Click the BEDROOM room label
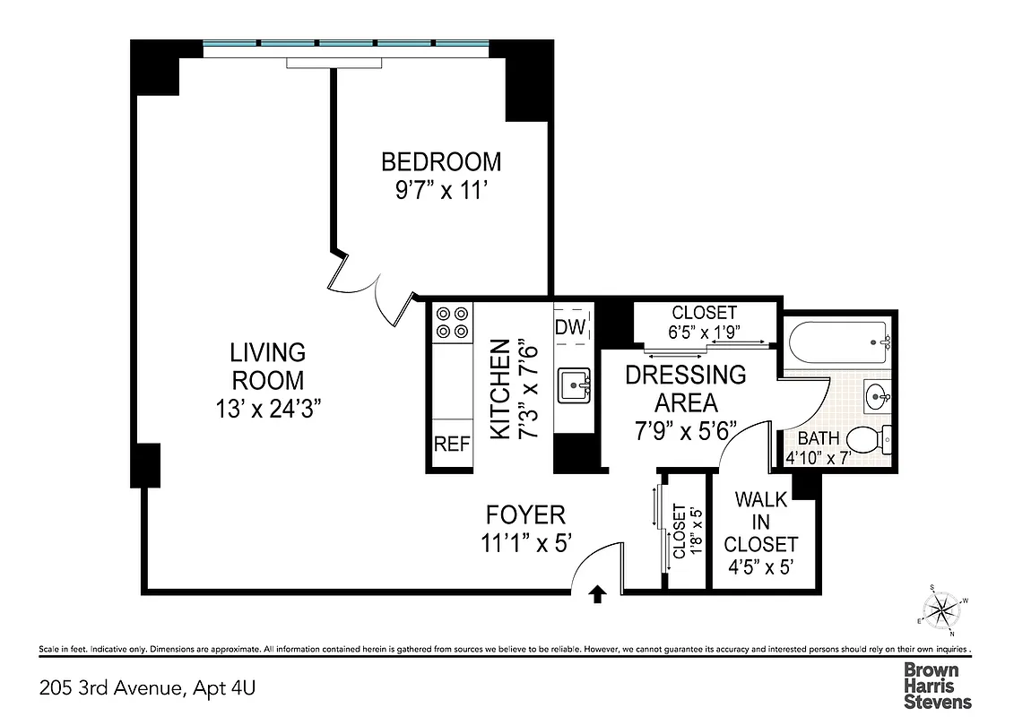[441, 162]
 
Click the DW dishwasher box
[569, 326]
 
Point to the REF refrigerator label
[452, 444]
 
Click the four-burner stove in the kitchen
[452, 323]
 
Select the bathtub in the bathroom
[838, 341]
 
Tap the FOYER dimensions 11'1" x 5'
[525, 543]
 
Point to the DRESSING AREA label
[685, 388]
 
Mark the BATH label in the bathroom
[819, 439]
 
